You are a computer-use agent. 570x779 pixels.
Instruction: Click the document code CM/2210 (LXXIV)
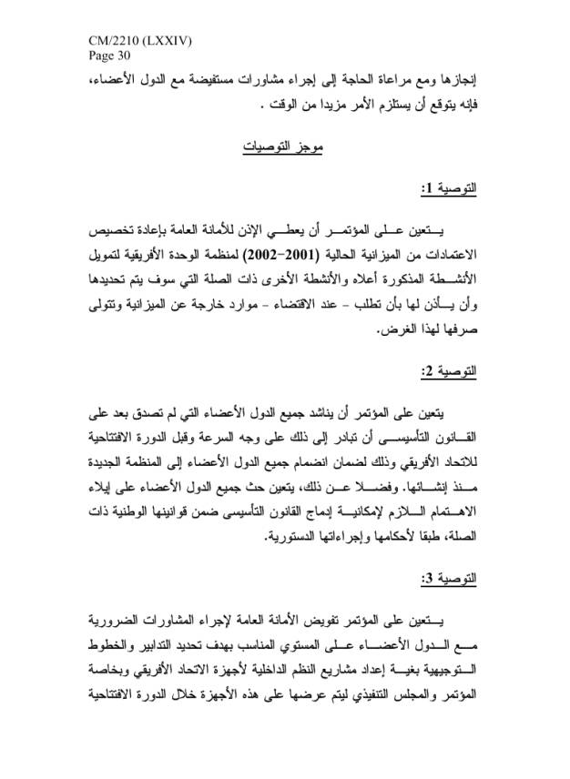pos(141,42)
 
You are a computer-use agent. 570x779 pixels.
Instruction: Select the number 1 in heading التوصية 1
pos(426,189)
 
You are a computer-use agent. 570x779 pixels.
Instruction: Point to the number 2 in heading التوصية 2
pos(426,373)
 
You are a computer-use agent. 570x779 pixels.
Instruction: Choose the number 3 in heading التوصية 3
pos(426,579)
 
